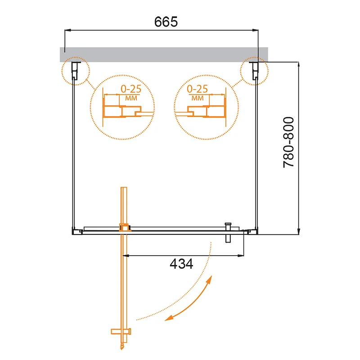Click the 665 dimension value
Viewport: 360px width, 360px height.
[x=166, y=22]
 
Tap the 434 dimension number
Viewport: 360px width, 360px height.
[x=181, y=264]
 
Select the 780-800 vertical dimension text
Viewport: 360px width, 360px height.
[x=288, y=142]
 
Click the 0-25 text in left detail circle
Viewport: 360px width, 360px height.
[x=131, y=89]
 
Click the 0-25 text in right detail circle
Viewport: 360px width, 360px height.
[x=197, y=89]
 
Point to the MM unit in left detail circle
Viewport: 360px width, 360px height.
[x=131, y=98]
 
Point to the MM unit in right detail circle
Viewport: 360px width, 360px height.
[x=198, y=98]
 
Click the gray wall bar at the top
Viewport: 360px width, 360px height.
[x=164, y=54]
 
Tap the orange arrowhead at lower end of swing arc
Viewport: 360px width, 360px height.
[x=168, y=318]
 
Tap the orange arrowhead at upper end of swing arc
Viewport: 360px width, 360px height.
[x=209, y=280]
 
